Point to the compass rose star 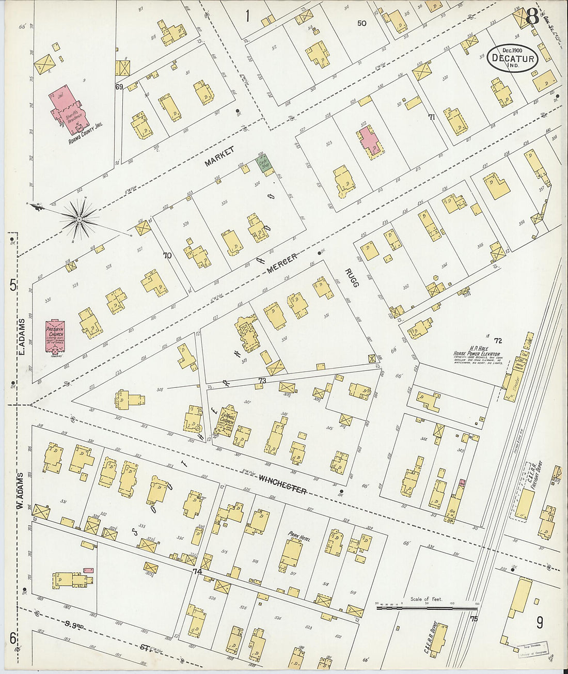click(x=79, y=220)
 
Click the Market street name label click(x=219, y=156)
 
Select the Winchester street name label click(x=282, y=483)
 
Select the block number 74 click(x=197, y=572)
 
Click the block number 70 click(x=166, y=255)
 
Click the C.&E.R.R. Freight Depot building click(x=525, y=503)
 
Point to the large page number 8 click(x=532, y=18)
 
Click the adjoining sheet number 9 click(x=539, y=623)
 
